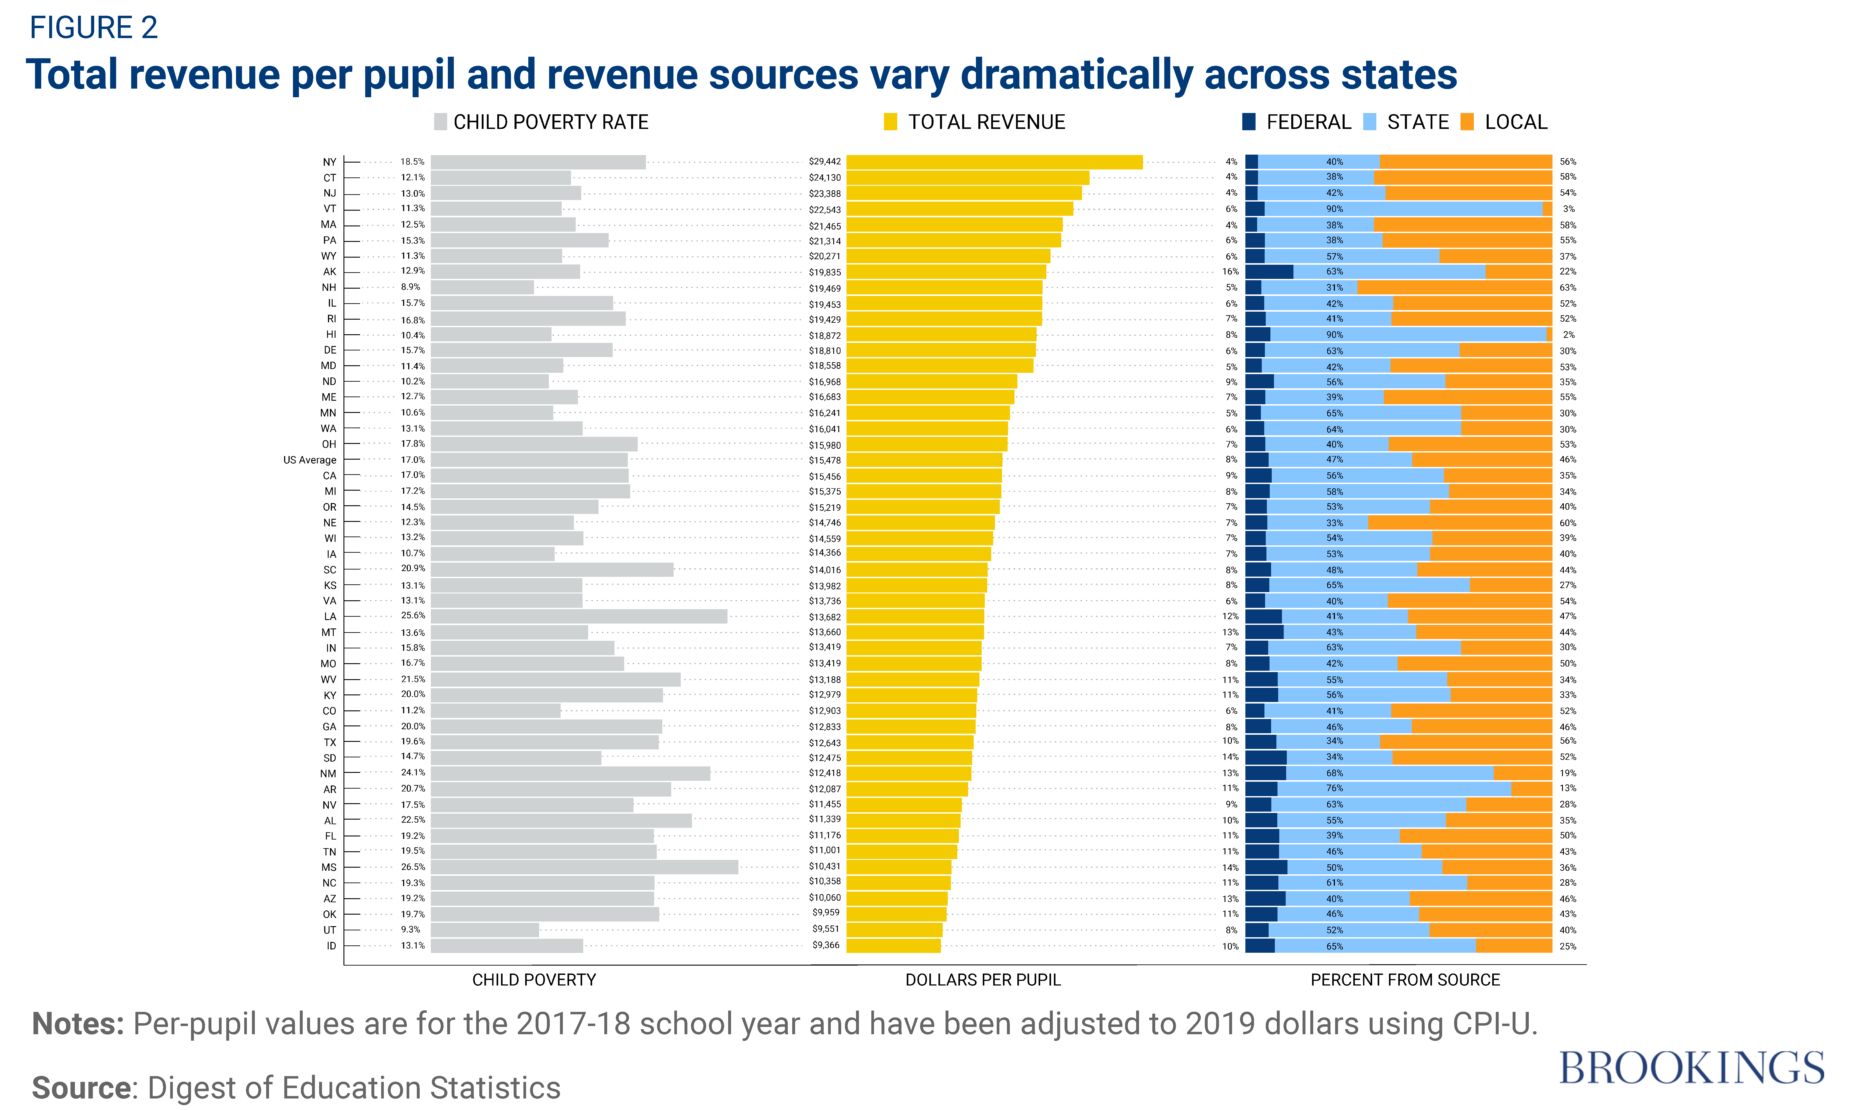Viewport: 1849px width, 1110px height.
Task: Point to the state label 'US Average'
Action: (x=310, y=460)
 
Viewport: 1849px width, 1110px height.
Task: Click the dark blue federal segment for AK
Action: (x=1269, y=272)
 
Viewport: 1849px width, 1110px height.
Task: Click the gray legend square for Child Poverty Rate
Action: (x=440, y=122)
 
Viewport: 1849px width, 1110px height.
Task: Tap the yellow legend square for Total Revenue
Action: (x=890, y=122)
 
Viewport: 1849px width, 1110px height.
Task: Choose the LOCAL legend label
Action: (x=1515, y=122)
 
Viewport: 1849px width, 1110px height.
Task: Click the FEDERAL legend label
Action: (x=1308, y=122)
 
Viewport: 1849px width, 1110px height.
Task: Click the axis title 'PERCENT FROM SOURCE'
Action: (x=1404, y=980)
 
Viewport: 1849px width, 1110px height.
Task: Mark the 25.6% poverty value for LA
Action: (x=412, y=616)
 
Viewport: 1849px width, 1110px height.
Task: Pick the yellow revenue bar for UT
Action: (x=894, y=930)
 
